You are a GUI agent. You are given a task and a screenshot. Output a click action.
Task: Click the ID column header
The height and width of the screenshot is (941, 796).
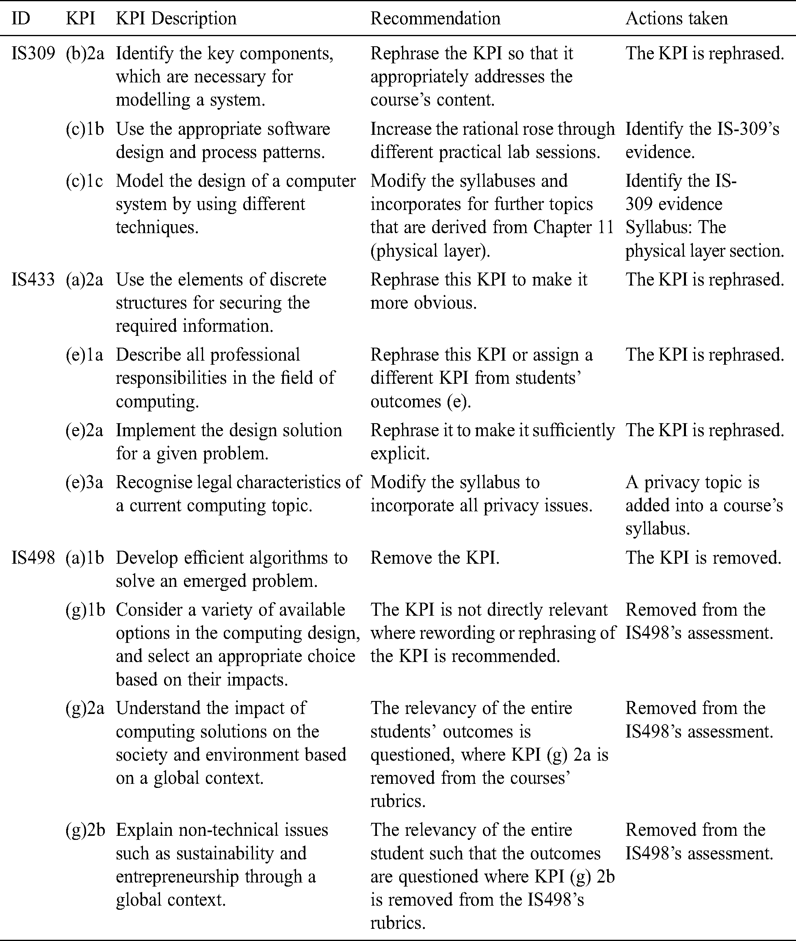tap(21, 19)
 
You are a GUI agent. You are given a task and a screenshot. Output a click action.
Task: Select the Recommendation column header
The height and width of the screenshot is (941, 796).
tap(435, 19)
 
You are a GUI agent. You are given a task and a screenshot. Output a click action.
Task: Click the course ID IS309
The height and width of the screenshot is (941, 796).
tap(33, 54)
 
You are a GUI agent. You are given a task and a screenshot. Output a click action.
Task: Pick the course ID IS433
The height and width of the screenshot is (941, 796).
tap(33, 280)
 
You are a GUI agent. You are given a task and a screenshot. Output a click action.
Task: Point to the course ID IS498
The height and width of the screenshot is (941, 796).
tap(33, 558)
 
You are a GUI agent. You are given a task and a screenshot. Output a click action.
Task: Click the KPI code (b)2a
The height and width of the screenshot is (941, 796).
tap(85, 54)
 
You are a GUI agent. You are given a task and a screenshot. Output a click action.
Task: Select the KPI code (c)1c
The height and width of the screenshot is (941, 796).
tap(84, 181)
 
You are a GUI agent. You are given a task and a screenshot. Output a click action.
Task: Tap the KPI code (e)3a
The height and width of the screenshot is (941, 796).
tap(84, 482)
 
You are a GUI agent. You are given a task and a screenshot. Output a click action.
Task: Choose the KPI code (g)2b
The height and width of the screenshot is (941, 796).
tap(85, 830)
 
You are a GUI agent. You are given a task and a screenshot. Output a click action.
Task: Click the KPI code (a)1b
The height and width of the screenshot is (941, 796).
tap(85, 558)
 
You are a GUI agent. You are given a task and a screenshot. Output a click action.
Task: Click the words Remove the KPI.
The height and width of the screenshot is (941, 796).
tap(435, 558)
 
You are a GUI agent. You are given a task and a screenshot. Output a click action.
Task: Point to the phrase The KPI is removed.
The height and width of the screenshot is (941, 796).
tap(703, 558)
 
